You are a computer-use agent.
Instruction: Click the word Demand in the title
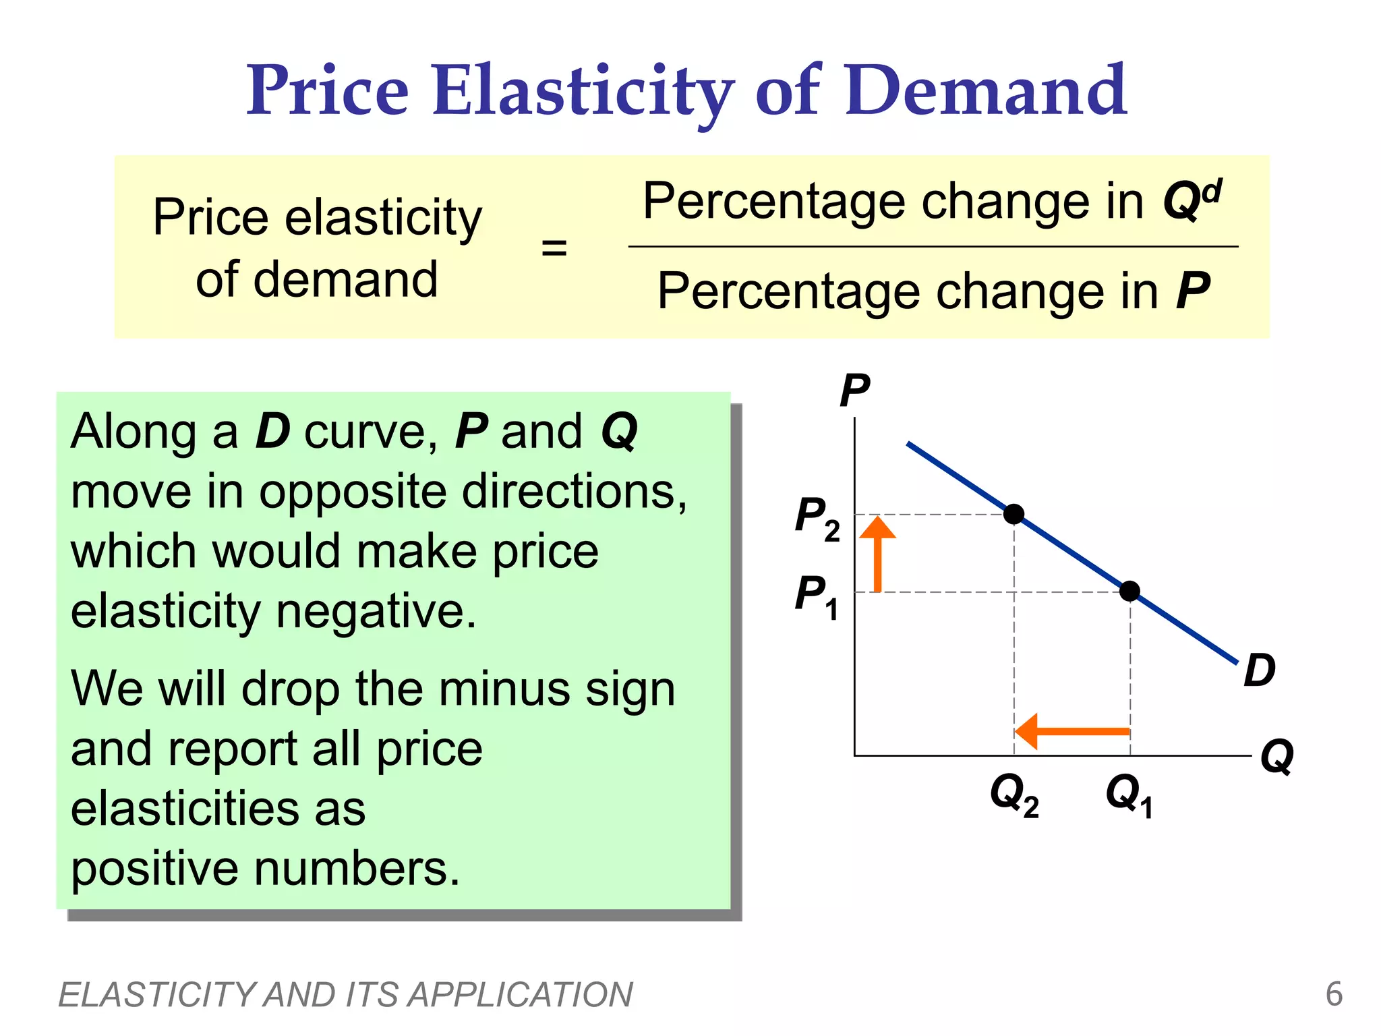pyautogui.click(x=985, y=91)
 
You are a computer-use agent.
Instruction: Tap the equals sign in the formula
pyautogui.click(x=554, y=248)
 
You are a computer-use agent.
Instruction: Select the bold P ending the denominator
pyautogui.click(x=1192, y=291)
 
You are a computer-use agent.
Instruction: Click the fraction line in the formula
pyautogui.click(x=933, y=247)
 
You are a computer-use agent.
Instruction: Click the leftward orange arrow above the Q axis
pyautogui.click(x=1072, y=732)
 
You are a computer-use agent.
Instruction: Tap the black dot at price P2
pyautogui.click(x=1013, y=515)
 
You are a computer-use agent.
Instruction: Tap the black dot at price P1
pyautogui.click(x=1129, y=592)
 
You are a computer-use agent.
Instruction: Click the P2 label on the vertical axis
pyautogui.click(x=817, y=518)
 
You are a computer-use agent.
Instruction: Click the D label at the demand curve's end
pyautogui.click(x=1259, y=670)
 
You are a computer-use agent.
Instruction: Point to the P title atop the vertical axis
pyautogui.click(x=854, y=391)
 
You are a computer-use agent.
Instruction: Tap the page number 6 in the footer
pyautogui.click(x=1333, y=994)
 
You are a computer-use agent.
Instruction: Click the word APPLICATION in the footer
pyautogui.click(x=520, y=995)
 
